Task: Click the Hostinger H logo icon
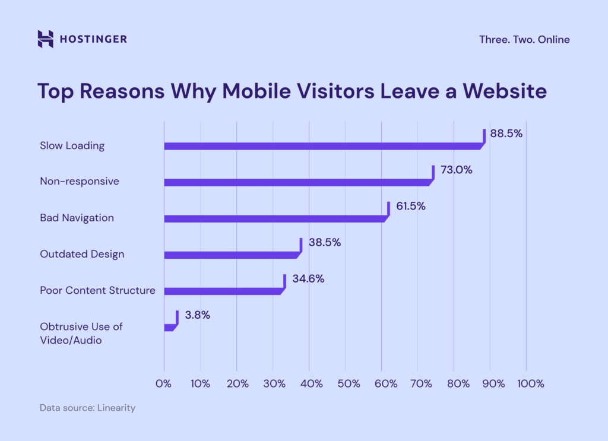tap(46, 39)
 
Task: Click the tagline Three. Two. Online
tap(524, 40)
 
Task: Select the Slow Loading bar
tap(324, 146)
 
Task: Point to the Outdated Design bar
tap(232, 255)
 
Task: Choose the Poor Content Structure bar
tap(223, 291)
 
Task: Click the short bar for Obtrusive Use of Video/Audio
tap(169, 327)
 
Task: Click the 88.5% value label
tap(506, 134)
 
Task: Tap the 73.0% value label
tap(456, 170)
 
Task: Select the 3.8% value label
tap(197, 315)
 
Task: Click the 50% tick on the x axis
tap(349, 384)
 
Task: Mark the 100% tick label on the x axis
tap(530, 384)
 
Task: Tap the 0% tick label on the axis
tap(164, 384)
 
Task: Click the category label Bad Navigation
tap(77, 218)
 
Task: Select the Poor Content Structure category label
tap(97, 290)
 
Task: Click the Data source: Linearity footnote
tap(87, 408)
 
